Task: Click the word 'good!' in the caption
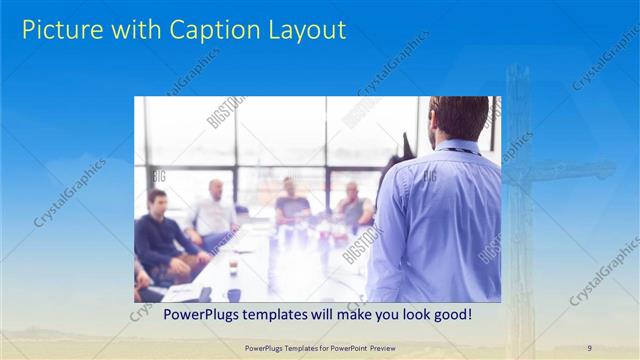tap(449, 315)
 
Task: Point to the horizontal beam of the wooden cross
tap(560, 173)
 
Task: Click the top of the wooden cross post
tap(518, 72)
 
